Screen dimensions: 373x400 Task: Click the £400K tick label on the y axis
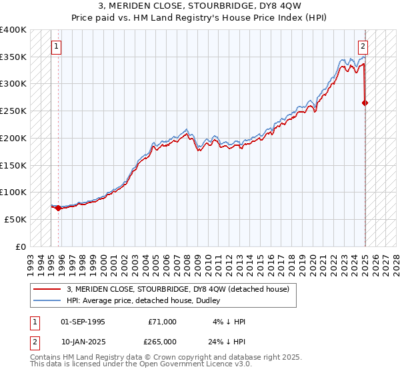click(x=13, y=30)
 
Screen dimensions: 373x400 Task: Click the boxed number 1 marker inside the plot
click(x=56, y=47)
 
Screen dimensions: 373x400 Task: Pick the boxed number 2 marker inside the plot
click(x=363, y=47)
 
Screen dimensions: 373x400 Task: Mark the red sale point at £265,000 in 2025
click(x=365, y=103)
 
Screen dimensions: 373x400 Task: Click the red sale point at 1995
click(x=58, y=208)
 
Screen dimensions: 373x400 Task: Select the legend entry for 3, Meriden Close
click(x=177, y=289)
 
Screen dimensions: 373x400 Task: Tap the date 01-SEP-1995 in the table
click(x=83, y=322)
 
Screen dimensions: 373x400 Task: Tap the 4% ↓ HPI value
click(x=229, y=322)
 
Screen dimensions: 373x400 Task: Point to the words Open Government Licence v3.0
click(x=201, y=364)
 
